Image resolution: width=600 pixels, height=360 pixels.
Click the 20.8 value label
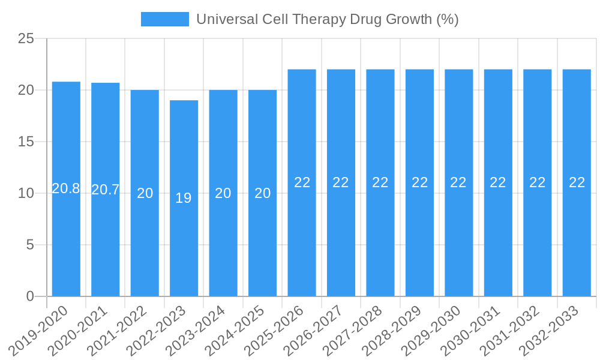66,188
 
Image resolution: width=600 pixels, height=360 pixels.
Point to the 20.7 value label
106,190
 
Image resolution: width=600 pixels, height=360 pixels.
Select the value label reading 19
184,198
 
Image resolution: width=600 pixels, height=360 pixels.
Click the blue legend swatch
164,19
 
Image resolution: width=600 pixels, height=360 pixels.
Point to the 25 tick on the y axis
26,39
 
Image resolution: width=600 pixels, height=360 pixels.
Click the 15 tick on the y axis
26,142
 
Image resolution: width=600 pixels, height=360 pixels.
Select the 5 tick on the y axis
30,245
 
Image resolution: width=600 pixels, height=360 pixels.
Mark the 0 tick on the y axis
30,296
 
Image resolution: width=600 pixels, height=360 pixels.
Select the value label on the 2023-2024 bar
223,193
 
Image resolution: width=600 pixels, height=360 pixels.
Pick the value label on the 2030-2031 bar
498,182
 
